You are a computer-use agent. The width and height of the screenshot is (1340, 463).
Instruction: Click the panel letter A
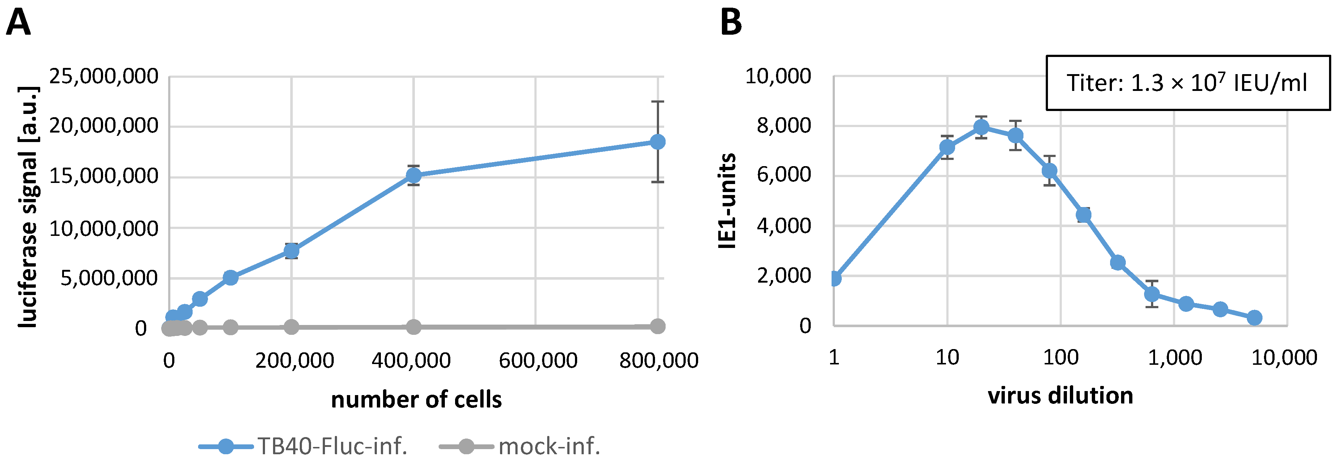[18, 23]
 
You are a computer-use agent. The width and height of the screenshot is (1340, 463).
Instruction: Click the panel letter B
[731, 23]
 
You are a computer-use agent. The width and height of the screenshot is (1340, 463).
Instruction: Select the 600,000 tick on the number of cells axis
[538, 360]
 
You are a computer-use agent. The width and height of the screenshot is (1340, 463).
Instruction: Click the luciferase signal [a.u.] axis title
[28, 207]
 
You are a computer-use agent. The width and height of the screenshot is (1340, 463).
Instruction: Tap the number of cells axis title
[416, 399]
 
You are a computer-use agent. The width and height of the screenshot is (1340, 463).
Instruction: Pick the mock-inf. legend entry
[520, 446]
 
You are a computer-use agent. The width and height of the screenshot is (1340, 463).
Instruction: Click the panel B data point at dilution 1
[834, 279]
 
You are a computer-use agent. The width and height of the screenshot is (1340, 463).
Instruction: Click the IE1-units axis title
[727, 201]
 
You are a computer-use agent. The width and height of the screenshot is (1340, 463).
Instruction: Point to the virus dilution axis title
[1060, 396]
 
